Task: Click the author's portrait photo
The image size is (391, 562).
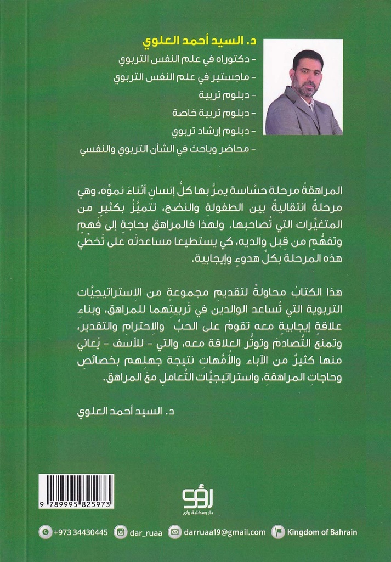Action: (x=303, y=87)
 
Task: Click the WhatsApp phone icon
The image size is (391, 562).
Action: (x=45, y=532)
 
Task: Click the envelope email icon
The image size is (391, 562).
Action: (x=174, y=532)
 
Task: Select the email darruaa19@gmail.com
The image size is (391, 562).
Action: (x=224, y=532)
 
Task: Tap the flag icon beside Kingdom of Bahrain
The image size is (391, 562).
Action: (x=279, y=532)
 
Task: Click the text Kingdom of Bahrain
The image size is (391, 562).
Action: (x=322, y=532)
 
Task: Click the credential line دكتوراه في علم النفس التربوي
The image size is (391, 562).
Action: (x=189, y=59)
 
